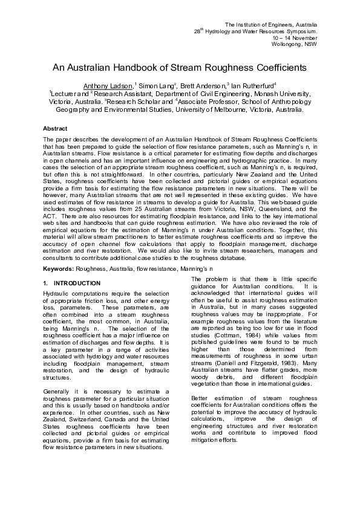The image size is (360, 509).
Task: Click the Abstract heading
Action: pos(55,129)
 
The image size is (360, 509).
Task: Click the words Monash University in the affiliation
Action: pos(282,94)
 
